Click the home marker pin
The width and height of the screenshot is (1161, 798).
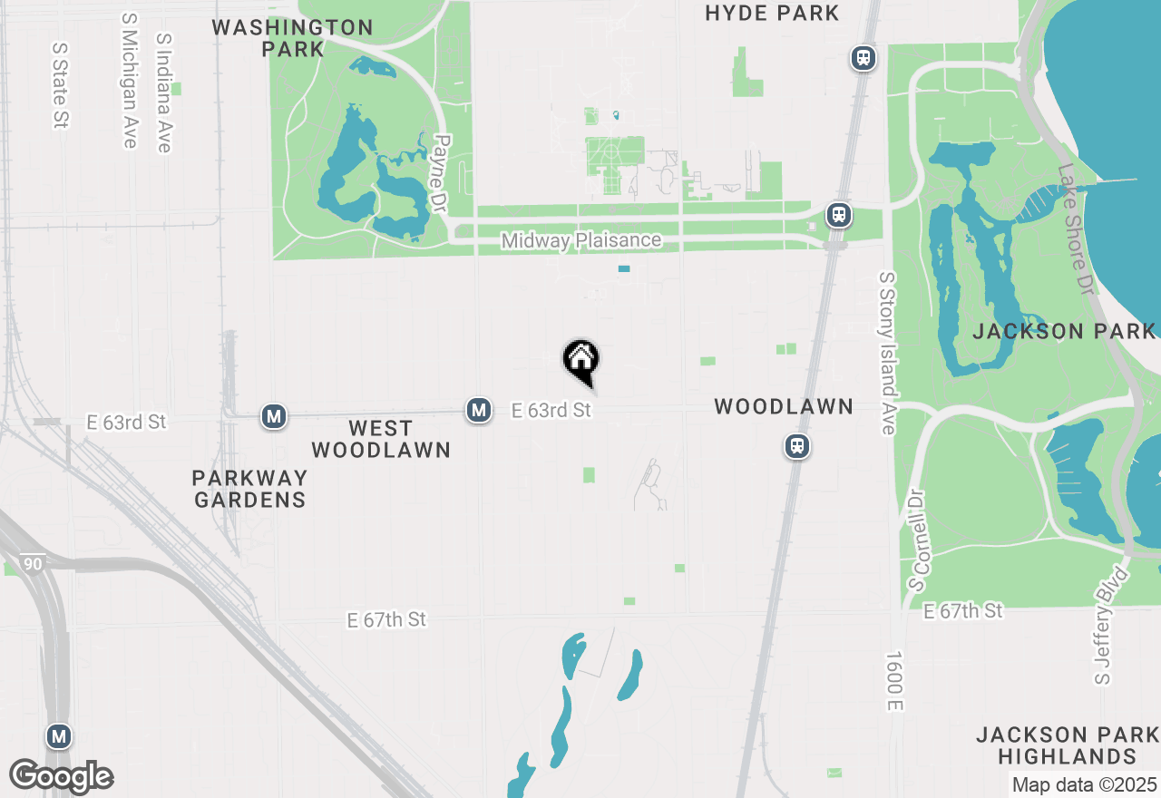click(580, 359)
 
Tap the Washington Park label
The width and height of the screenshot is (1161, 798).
click(292, 38)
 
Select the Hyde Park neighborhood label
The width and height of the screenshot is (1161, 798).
click(772, 14)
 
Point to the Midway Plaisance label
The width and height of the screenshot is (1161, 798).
click(581, 241)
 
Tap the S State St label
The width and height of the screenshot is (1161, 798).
click(61, 84)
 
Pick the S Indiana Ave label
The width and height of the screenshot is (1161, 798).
click(164, 93)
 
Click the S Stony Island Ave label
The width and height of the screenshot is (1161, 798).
click(888, 352)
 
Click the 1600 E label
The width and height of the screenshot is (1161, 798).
click(894, 680)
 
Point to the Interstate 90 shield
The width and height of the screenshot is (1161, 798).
click(33, 564)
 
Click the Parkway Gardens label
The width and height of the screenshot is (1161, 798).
click(249, 488)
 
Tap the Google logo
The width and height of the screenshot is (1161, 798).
click(62, 777)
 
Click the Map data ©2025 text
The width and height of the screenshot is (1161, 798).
click(1084, 784)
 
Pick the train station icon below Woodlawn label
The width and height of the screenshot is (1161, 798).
click(797, 446)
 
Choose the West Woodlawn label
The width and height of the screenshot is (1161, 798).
click(381, 439)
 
